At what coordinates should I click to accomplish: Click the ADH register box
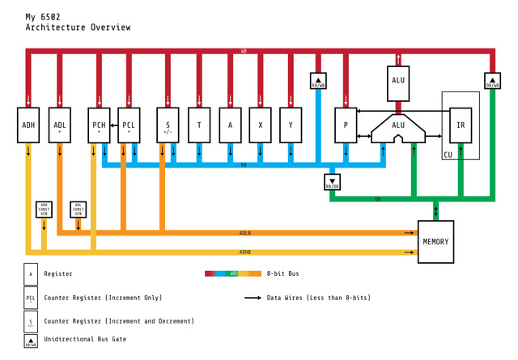(28, 125)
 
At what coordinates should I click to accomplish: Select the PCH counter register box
(99, 125)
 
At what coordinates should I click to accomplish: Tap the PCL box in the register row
(129, 125)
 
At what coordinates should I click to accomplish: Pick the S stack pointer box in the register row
(168, 125)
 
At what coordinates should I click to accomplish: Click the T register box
(199, 125)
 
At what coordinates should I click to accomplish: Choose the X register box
(260, 125)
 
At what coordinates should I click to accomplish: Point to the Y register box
(291, 125)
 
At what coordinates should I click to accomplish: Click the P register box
(346, 125)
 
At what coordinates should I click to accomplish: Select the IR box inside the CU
(461, 125)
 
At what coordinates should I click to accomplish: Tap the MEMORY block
(435, 241)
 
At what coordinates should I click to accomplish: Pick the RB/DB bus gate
(332, 182)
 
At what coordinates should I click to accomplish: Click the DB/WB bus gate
(492, 82)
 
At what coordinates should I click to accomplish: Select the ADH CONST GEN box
(44, 209)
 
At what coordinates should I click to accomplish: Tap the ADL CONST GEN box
(79, 209)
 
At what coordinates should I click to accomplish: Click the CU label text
(448, 155)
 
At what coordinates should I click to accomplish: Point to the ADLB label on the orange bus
(245, 233)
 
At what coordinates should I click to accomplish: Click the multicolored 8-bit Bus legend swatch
(233, 273)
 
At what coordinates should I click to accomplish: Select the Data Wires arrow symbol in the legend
(253, 298)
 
